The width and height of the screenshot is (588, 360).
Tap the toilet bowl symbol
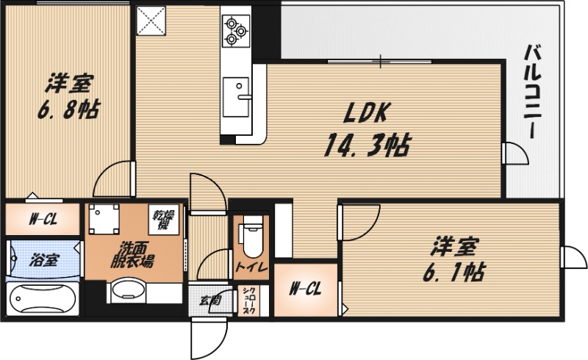click(251, 234)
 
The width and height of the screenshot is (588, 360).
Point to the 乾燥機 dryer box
click(163, 219)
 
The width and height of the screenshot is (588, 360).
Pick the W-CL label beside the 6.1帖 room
click(305, 289)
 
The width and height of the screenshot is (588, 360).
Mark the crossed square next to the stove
click(152, 21)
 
